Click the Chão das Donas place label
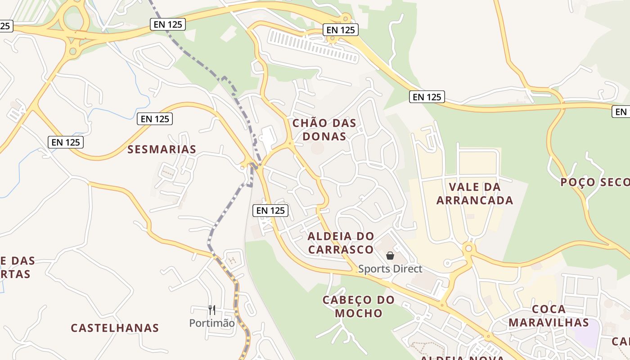[324, 130]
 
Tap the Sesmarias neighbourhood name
[162, 149]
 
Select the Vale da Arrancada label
[475, 193]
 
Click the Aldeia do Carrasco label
[341, 243]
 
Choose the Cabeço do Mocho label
[359, 306]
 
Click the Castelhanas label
[115, 328]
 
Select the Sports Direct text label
[390, 269]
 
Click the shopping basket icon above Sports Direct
[390, 256]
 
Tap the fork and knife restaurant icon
[212, 310]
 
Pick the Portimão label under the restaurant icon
[212, 323]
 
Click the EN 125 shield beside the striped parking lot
[341, 30]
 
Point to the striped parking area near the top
[313, 45]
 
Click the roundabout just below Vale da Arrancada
[469, 248]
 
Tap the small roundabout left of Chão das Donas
[289, 144]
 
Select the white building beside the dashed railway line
[268, 138]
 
